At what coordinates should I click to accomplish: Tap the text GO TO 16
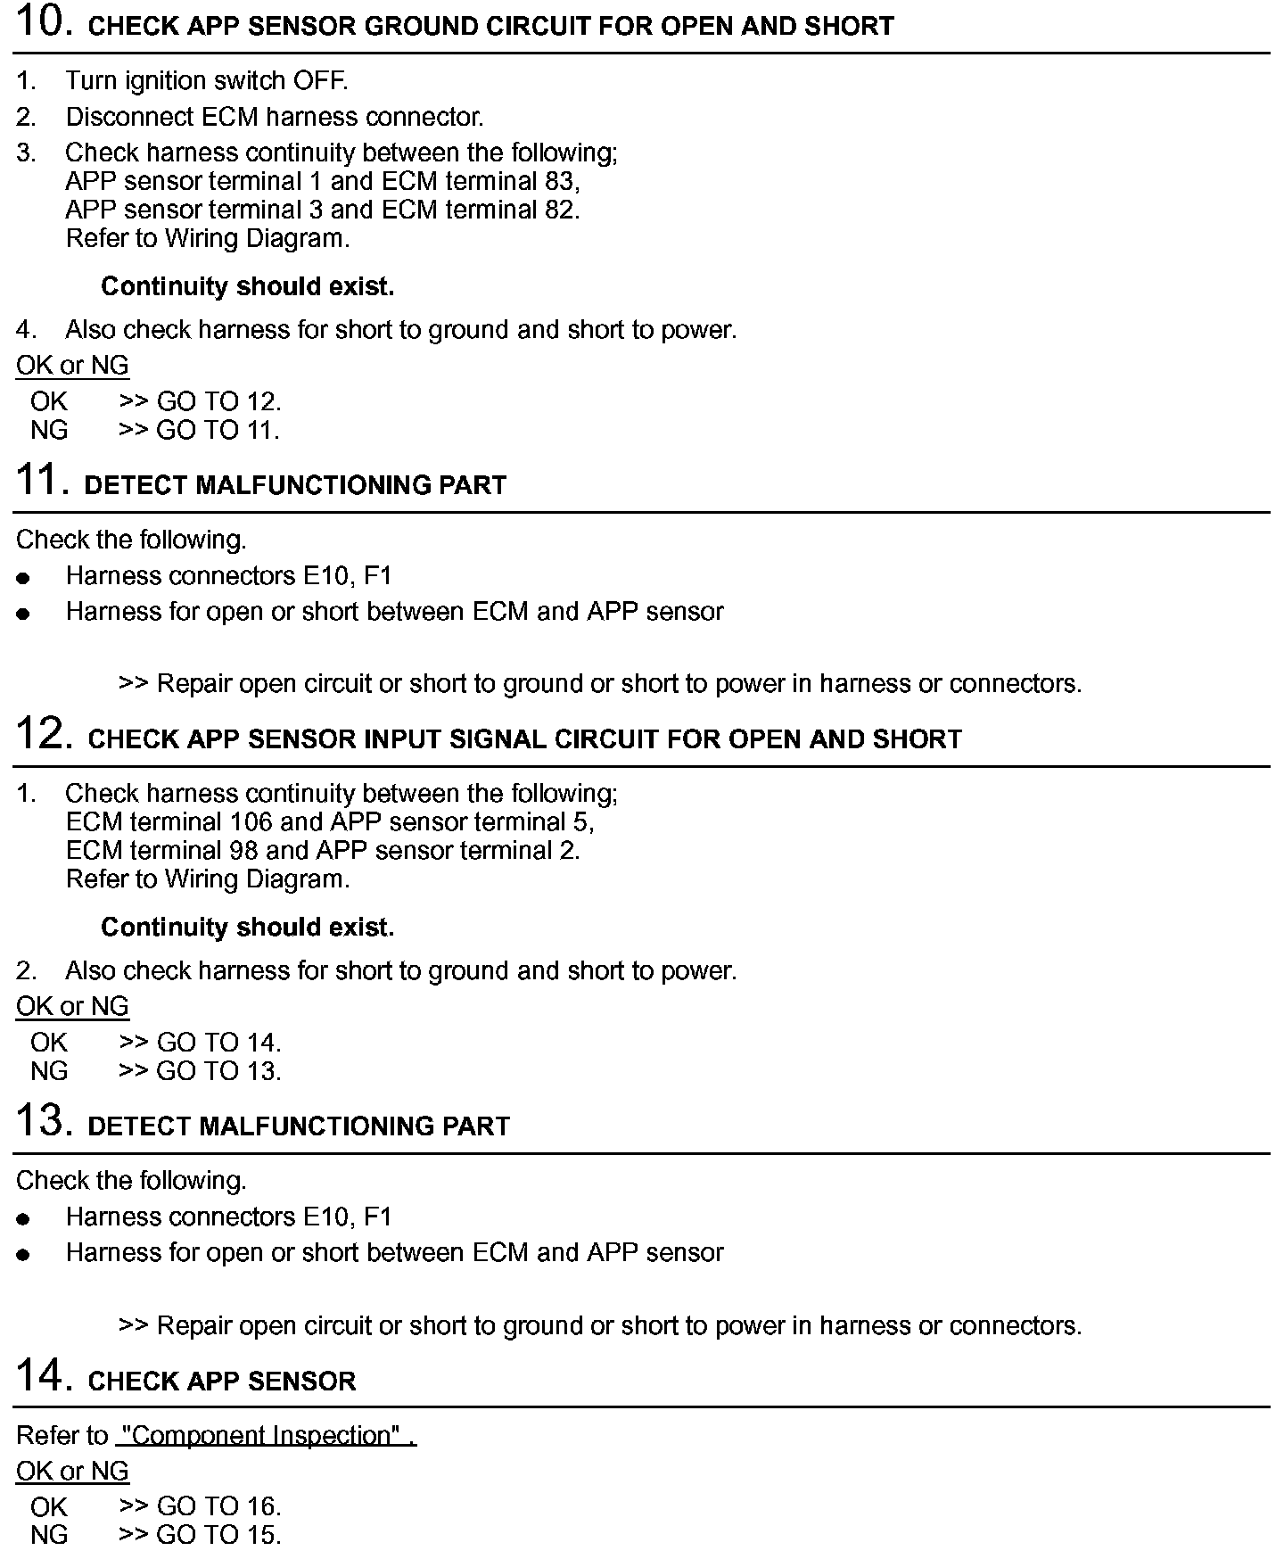pos(218,1506)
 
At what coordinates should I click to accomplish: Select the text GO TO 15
pos(218,1535)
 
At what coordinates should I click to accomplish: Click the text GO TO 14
pos(218,1042)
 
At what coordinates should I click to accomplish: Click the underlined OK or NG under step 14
pos(72,1471)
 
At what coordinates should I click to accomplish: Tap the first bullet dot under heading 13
pos(23,1218)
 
